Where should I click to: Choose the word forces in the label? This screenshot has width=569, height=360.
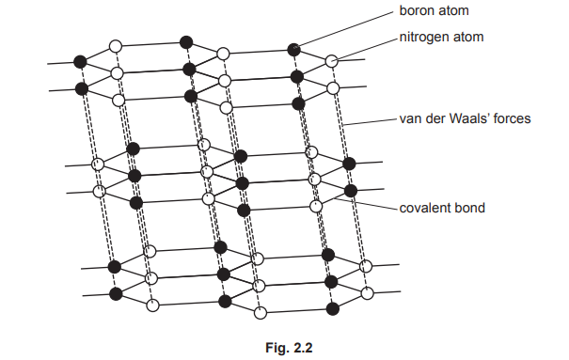coord(514,119)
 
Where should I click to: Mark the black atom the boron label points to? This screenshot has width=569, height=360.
coord(295,49)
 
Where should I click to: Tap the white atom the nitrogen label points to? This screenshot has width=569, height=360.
coord(331,61)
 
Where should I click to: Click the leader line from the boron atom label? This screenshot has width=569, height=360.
coord(348,29)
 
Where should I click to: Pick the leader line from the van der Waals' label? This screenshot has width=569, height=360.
coord(376,121)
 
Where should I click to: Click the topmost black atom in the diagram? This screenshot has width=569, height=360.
coord(186,41)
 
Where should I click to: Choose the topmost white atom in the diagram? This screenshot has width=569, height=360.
coord(116,45)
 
